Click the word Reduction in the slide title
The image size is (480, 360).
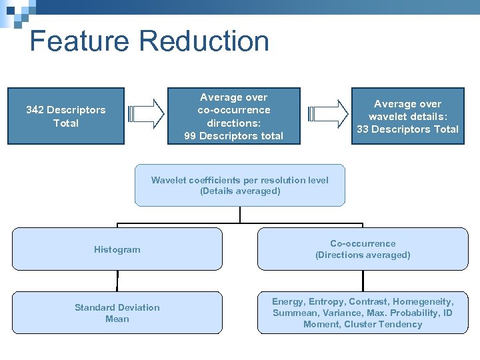click(x=205, y=41)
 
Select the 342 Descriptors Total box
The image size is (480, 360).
click(x=66, y=116)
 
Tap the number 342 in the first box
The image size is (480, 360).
click(x=35, y=110)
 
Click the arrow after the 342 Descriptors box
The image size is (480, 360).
click(x=146, y=113)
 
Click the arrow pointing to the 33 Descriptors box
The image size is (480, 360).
click(x=331, y=113)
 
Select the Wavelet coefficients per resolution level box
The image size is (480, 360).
click(x=240, y=185)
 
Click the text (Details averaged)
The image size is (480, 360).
click(x=240, y=191)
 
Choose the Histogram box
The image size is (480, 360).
click(x=117, y=249)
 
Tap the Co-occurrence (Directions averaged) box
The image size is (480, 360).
click(x=363, y=249)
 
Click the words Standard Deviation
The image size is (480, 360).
click(x=117, y=307)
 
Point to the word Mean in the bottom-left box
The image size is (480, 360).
click(x=117, y=319)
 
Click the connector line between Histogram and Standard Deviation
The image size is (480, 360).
click(x=117, y=281)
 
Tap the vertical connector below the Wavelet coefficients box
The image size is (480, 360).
click(x=240, y=214)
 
